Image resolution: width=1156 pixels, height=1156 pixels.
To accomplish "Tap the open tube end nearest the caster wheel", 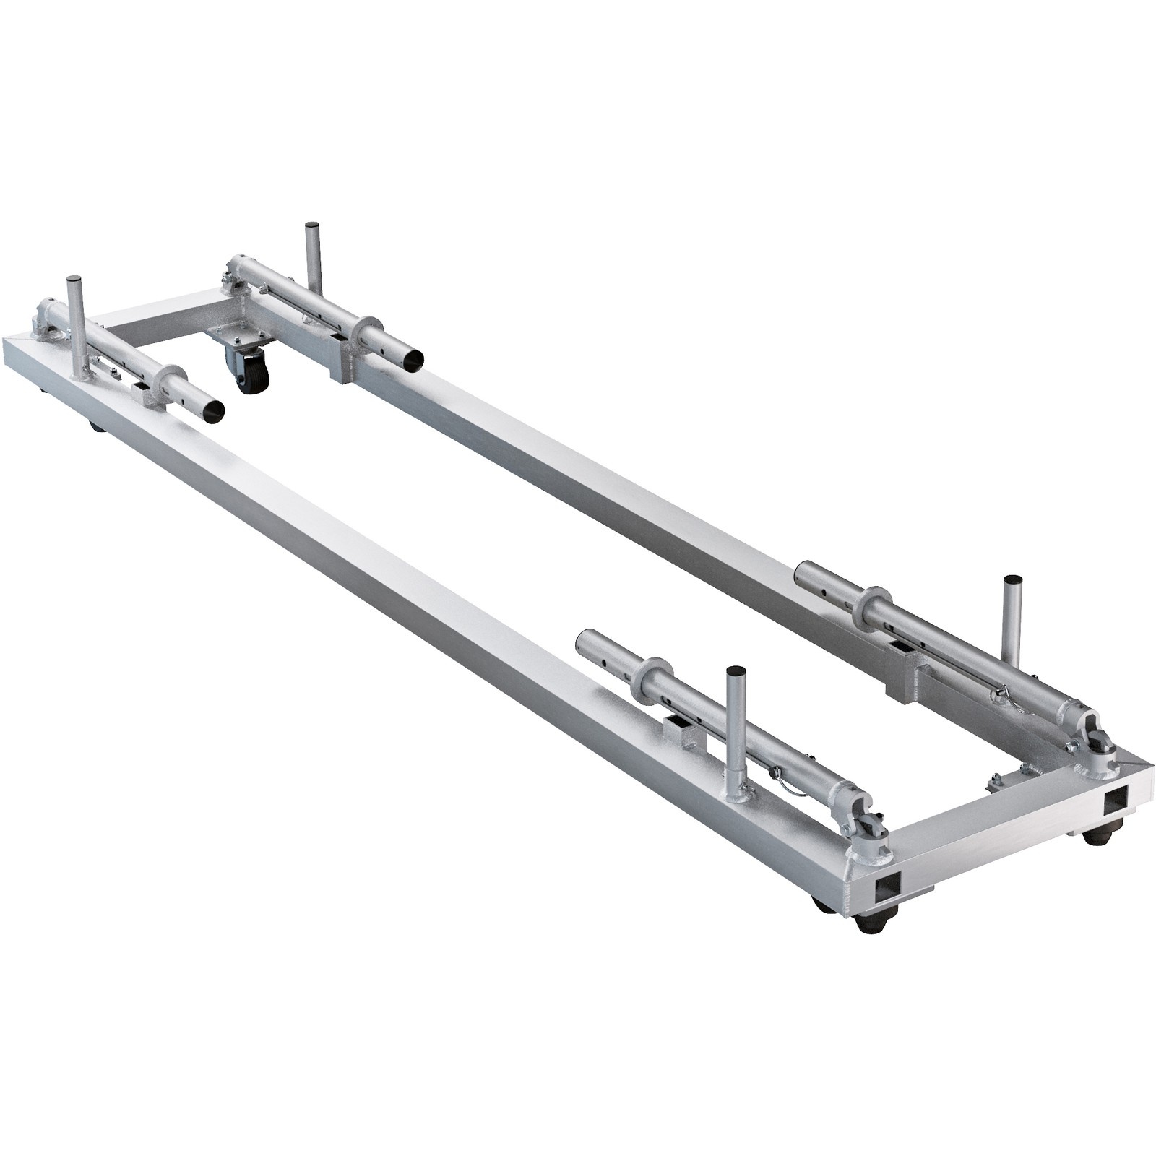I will click(x=413, y=359).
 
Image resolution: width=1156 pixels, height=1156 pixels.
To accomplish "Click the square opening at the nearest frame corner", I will click(x=887, y=887).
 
